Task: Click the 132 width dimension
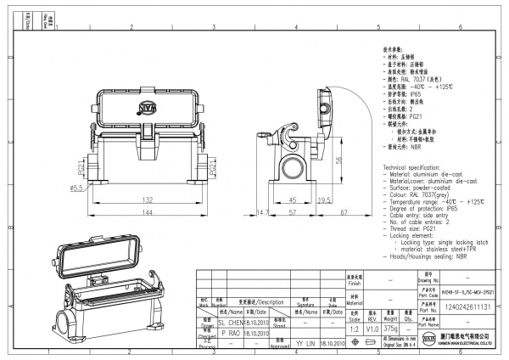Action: (x=147, y=200)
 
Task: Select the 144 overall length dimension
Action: (x=147, y=212)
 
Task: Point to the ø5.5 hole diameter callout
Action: (x=76, y=187)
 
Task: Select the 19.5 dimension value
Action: (x=323, y=200)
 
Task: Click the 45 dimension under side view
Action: (x=293, y=200)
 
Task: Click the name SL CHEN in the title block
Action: (x=230, y=324)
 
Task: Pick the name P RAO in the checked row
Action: (x=230, y=335)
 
